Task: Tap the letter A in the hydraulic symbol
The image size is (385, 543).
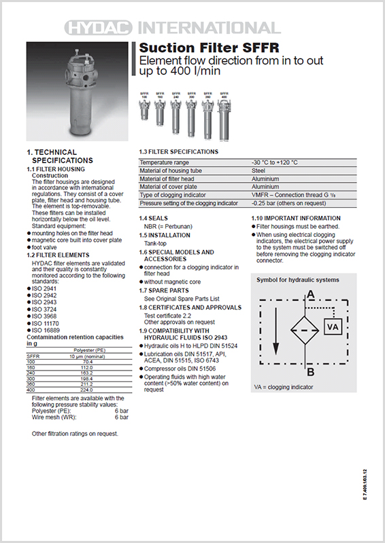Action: [310, 294]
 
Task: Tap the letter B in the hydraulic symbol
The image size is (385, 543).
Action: [310, 371]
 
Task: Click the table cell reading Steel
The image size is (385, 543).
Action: [258, 170]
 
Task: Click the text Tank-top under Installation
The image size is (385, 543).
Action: [157, 243]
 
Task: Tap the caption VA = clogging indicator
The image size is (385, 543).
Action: [284, 387]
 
